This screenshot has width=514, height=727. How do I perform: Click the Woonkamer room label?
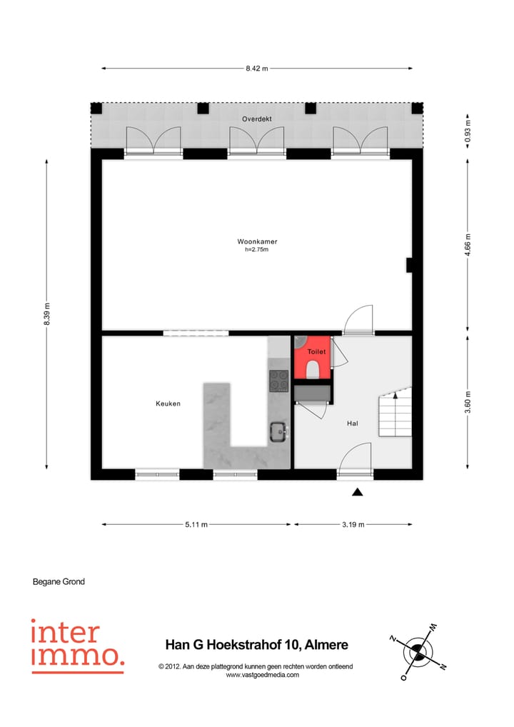click(x=257, y=241)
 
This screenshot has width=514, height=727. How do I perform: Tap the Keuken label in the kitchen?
click(x=168, y=403)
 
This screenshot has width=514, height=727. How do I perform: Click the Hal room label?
click(x=352, y=423)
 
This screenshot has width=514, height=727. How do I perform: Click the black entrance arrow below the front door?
click(x=358, y=491)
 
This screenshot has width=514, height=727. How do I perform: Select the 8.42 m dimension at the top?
click(x=256, y=69)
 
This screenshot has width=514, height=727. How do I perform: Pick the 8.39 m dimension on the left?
click(x=47, y=314)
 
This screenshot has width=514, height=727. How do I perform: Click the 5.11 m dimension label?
click(x=196, y=524)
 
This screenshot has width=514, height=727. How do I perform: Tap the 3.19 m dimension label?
click(x=353, y=524)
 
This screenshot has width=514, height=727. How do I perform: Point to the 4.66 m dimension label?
click(x=468, y=244)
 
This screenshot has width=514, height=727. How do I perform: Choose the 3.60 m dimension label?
click(x=468, y=402)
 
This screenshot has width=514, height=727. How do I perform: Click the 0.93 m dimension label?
click(x=468, y=131)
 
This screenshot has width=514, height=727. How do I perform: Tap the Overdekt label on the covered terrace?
click(x=256, y=119)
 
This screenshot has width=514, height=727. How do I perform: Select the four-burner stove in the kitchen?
click(x=278, y=381)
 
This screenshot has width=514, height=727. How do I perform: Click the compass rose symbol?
click(x=418, y=651)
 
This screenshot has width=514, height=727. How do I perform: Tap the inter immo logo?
click(x=77, y=646)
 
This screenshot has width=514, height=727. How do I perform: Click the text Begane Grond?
click(x=59, y=581)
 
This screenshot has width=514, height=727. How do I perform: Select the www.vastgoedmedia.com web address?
click(x=262, y=675)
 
